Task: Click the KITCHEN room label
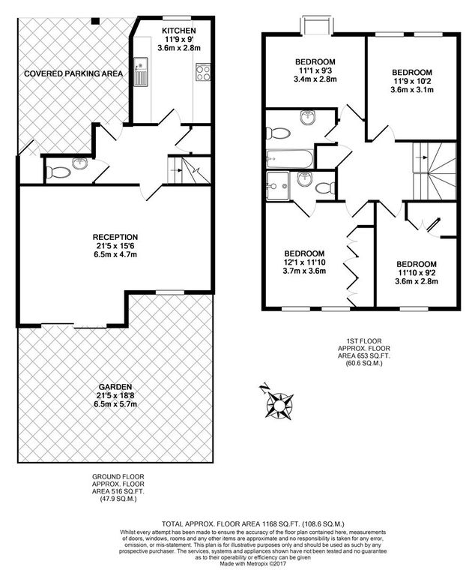click(179, 31)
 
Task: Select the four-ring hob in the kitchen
click(202, 72)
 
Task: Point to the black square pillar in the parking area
click(94, 20)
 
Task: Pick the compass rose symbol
click(279, 403)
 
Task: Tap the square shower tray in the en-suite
click(277, 183)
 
